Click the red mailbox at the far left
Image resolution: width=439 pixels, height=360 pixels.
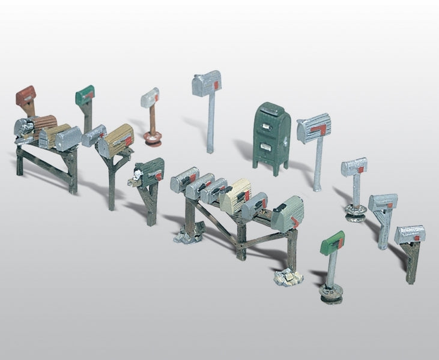pyautogui.click(x=26, y=95)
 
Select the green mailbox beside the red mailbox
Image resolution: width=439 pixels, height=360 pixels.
pyautogui.click(x=85, y=94)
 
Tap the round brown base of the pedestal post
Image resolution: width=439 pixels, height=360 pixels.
pyautogui.click(x=152, y=140)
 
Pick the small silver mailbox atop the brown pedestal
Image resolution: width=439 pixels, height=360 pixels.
pyautogui.click(x=150, y=97)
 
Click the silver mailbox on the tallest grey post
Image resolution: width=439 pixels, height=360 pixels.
pyautogui.click(x=207, y=83)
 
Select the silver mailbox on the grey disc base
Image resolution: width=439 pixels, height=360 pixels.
pyautogui.click(x=354, y=166)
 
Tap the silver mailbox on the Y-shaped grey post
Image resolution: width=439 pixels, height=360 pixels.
pyautogui.click(x=383, y=202)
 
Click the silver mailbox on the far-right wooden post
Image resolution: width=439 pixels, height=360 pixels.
pyautogui.click(x=410, y=233)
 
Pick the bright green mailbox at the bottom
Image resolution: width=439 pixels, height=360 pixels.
pyautogui.click(x=333, y=242)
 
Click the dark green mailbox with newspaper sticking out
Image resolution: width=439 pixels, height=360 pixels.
pyautogui.click(x=150, y=171)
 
